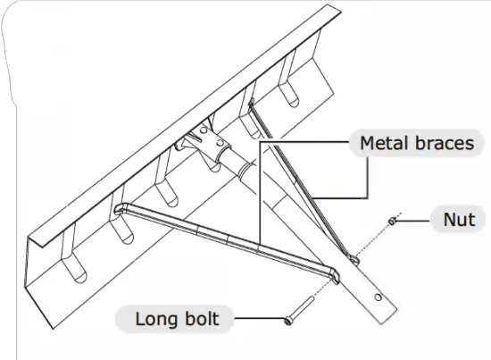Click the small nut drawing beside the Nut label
392,220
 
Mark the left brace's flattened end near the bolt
332,272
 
